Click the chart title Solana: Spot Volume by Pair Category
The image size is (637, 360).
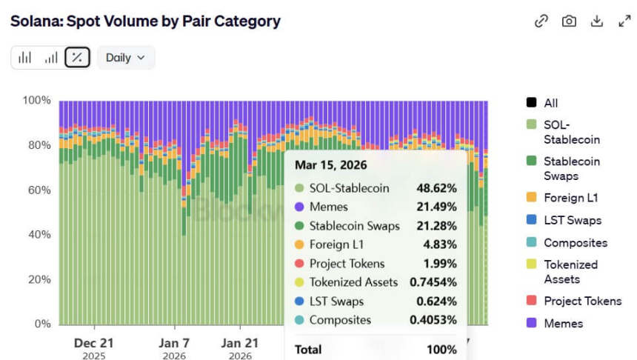pyautogui.click(x=145, y=21)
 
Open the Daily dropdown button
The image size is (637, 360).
pyautogui.click(x=125, y=57)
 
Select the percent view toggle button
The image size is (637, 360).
pyautogui.click(x=77, y=57)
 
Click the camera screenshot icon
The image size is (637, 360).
pyautogui.click(x=569, y=21)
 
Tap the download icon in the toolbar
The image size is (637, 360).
pyautogui.click(x=596, y=21)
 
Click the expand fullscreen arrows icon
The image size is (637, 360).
pyautogui.click(x=624, y=21)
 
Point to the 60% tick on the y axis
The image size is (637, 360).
pyautogui.click(x=36, y=190)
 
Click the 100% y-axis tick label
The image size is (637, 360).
pyautogui.click(x=36, y=101)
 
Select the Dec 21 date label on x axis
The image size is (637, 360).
pyautogui.click(x=94, y=343)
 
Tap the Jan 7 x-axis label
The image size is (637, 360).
pyautogui.click(x=175, y=343)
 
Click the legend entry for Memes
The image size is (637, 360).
pyautogui.click(x=563, y=324)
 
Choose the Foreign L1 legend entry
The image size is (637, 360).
pyautogui.click(x=570, y=198)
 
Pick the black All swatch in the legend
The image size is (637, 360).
pyautogui.click(x=531, y=103)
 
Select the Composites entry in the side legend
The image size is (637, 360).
pyautogui.click(x=575, y=242)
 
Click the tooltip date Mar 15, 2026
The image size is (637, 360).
pyautogui.click(x=330, y=164)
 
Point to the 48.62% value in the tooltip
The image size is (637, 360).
pyautogui.click(x=436, y=188)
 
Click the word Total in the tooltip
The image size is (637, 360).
pyautogui.click(x=309, y=348)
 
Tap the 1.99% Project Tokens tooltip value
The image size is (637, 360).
pyautogui.click(x=439, y=264)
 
